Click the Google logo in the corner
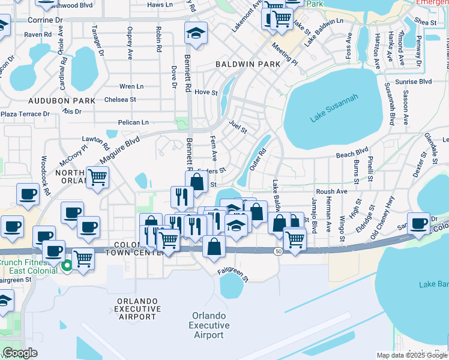click(20, 353)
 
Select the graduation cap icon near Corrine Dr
click(196, 34)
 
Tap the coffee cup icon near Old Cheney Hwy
click(419, 222)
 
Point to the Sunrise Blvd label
click(417, 81)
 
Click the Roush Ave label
click(332, 192)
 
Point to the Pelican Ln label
click(133, 122)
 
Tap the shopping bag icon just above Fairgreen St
click(214, 246)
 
